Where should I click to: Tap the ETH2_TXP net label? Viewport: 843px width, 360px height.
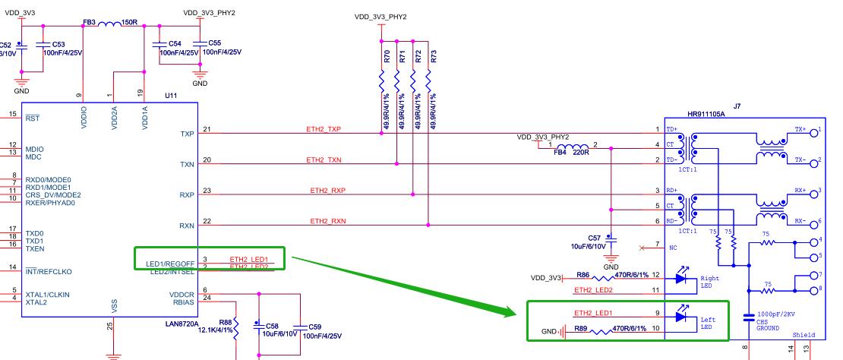(x=324, y=130)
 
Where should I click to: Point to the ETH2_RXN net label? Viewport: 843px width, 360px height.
(x=327, y=221)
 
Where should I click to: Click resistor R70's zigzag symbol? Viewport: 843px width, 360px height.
(x=381, y=84)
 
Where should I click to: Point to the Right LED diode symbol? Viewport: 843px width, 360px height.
(x=682, y=279)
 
